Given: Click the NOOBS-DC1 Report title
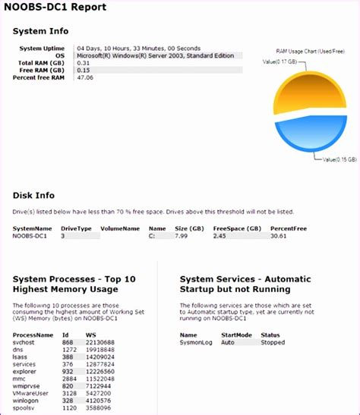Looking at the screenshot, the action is tap(54, 8).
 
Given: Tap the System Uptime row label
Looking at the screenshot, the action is tap(42, 49).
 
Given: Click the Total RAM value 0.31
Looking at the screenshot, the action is tap(83, 62).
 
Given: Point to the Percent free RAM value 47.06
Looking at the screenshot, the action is tap(85, 77).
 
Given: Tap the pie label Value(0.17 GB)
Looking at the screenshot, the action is tap(280, 61).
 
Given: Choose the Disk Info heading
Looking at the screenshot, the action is tap(34, 196).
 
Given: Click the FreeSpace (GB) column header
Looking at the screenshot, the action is tap(237, 228).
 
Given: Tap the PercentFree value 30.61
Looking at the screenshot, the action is tap(279, 236).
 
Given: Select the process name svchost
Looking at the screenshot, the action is tap(24, 341).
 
